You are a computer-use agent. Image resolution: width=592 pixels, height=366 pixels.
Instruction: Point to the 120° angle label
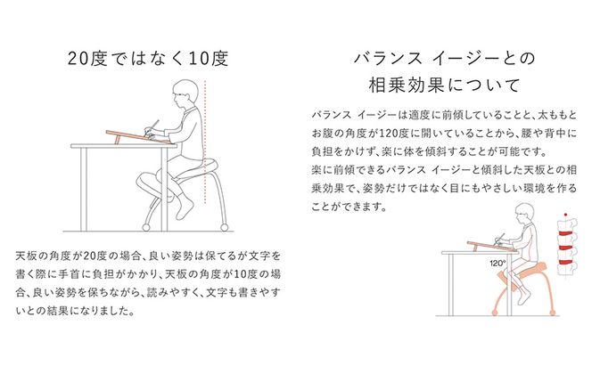[497, 264]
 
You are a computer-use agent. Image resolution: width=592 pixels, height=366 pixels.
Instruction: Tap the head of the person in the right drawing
[523, 215]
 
